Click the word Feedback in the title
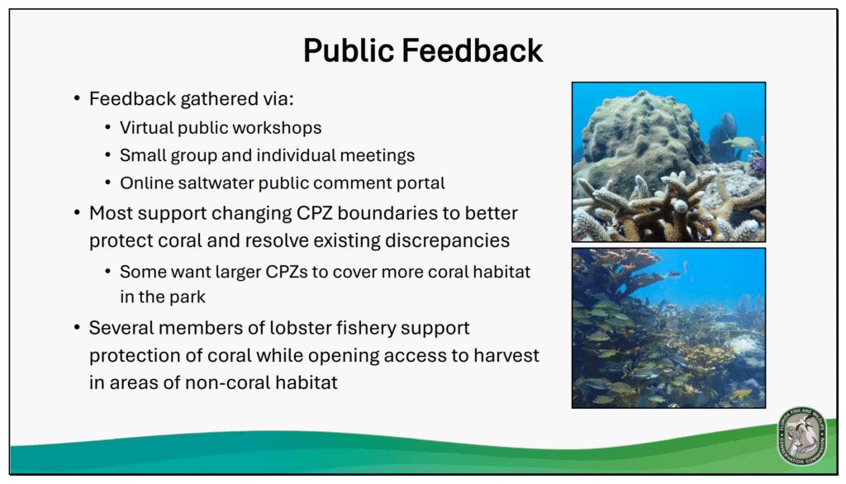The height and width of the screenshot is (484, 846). click(472, 50)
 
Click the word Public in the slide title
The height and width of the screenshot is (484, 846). click(349, 50)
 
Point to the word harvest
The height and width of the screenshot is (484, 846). click(506, 356)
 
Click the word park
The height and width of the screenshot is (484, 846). click(188, 297)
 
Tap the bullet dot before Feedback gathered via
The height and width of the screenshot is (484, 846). click(77, 99)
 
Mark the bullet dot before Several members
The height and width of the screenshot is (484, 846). click(77, 328)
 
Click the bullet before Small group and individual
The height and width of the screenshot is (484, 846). click(108, 155)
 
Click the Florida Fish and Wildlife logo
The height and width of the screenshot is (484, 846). click(801, 436)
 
